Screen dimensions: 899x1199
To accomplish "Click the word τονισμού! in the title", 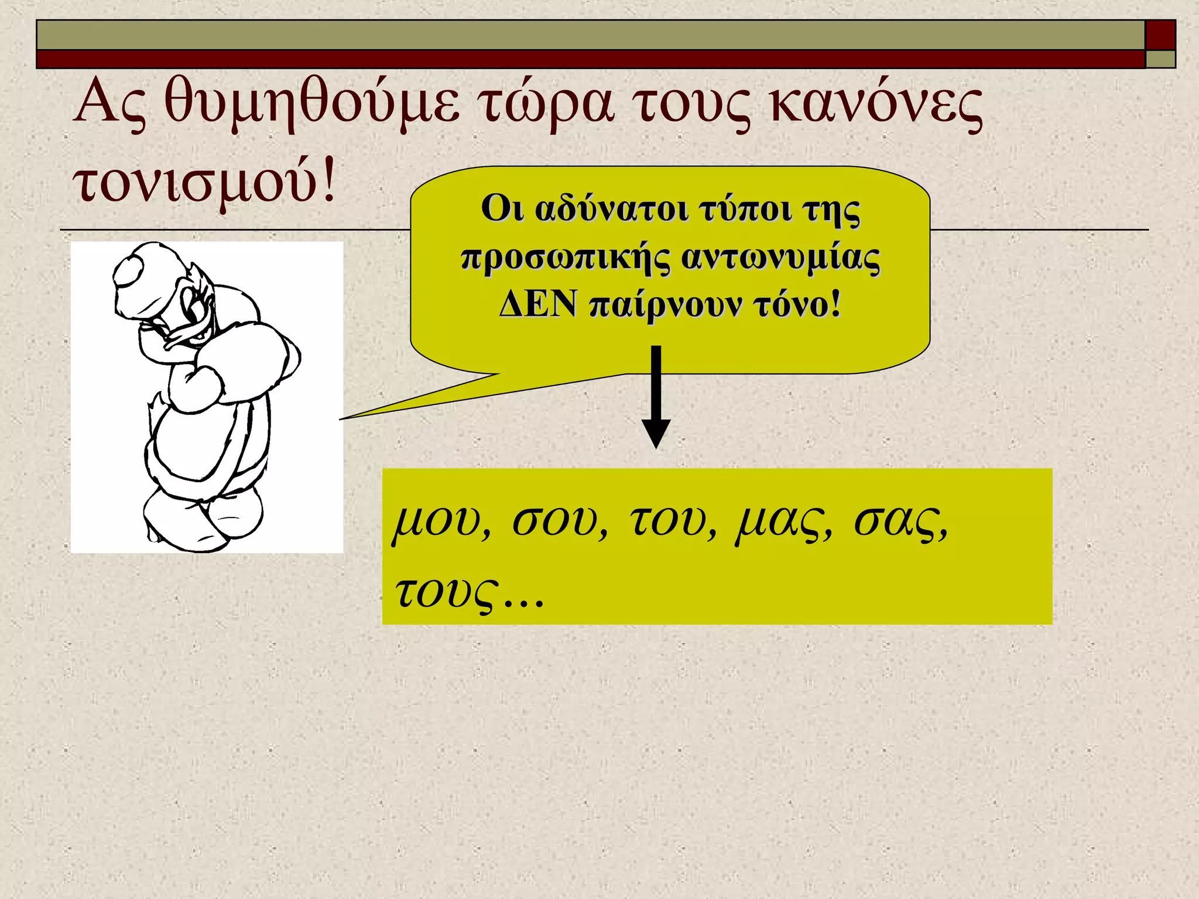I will click(x=205, y=181).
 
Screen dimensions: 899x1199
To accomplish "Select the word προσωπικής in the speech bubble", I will click(x=566, y=258).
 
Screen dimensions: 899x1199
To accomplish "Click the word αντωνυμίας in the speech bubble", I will click(x=781, y=258).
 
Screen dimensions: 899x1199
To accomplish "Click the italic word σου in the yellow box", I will click(x=559, y=520).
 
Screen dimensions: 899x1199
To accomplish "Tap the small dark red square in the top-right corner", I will click(x=1160, y=35).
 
